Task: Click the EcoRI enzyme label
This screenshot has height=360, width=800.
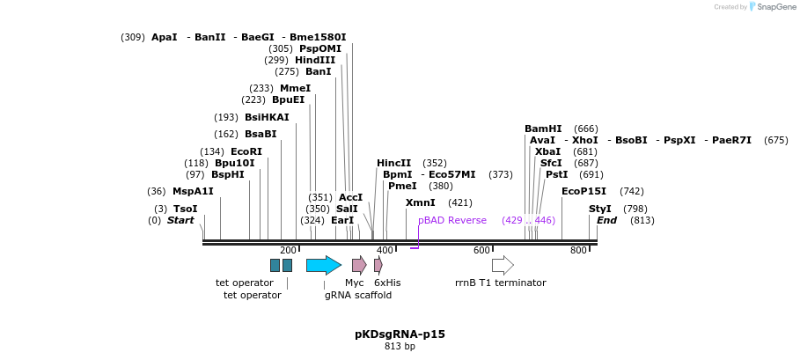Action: click(x=246, y=151)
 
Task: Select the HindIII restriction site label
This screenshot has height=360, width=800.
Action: click(x=315, y=60)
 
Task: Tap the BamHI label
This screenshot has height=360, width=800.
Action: click(x=543, y=129)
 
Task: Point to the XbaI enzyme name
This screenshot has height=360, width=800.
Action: click(x=547, y=151)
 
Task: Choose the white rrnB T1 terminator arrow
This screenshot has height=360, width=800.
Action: click(x=503, y=265)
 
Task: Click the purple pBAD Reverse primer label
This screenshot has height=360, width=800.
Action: click(x=452, y=220)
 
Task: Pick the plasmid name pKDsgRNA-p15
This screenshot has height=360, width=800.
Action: click(x=400, y=334)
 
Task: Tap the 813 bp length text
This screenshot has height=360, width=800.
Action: click(x=400, y=347)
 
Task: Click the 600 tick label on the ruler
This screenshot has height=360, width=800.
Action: click(x=481, y=251)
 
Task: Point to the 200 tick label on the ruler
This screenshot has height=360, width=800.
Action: click(x=288, y=251)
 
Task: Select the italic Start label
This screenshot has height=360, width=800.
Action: click(x=180, y=220)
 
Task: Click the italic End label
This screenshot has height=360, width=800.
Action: click(x=606, y=220)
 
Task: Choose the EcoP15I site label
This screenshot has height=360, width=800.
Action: click(x=583, y=191)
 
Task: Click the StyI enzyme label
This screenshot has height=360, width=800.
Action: click(x=599, y=209)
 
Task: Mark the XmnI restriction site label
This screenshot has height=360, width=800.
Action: click(x=420, y=202)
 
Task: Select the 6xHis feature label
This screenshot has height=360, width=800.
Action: click(x=387, y=283)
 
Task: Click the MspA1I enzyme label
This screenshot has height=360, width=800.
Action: click(x=193, y=191)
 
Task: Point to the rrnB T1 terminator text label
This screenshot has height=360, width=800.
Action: click(x=500, y=283)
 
